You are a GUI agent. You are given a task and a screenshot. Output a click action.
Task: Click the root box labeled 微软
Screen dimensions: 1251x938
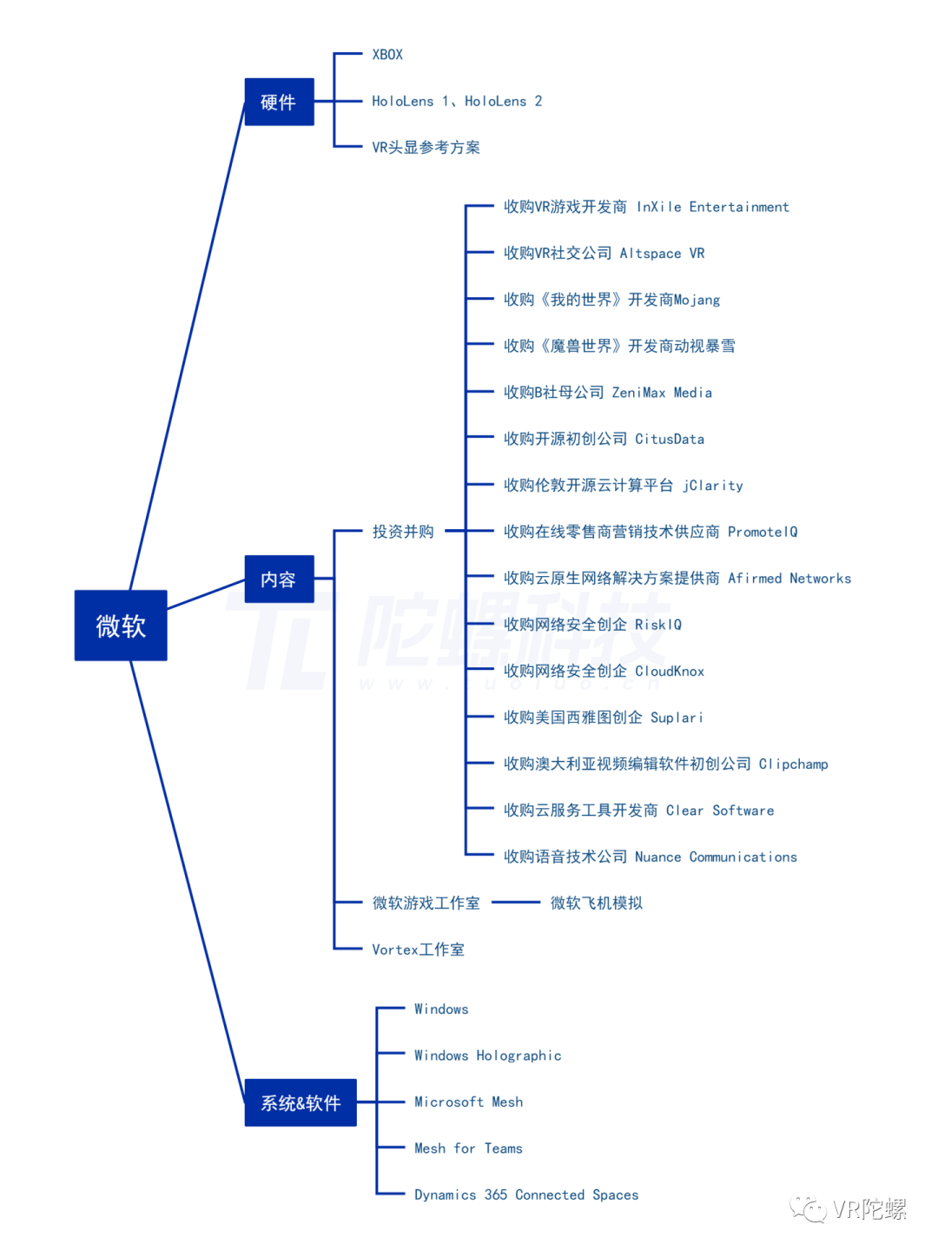pos(121,625)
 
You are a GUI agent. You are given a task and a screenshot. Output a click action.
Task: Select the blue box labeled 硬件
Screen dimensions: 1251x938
pos(279,102)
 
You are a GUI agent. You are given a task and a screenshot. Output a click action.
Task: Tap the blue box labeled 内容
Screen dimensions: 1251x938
pos(279,579)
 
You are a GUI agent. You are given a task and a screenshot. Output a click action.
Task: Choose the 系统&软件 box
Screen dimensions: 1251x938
pos(301,1102)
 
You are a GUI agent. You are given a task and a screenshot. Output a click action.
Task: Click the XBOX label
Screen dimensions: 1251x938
pos(387,55)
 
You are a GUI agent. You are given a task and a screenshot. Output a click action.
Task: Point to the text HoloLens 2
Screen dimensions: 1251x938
pos(504,102)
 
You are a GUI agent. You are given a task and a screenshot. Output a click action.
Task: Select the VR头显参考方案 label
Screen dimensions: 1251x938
pos(426,148)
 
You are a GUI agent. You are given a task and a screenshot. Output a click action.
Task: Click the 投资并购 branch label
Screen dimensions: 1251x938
pos(403,532)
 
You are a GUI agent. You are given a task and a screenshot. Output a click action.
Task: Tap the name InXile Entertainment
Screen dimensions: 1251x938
pos(713,207)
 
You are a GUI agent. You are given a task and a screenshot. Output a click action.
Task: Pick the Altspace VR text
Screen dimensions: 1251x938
pos(662,254)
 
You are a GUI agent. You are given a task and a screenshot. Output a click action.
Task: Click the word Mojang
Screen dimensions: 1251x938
pos(697,300)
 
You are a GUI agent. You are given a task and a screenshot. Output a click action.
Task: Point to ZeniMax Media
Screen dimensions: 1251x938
pos(662,393)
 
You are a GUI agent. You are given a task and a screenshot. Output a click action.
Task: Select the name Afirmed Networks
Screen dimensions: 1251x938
pos(789,579)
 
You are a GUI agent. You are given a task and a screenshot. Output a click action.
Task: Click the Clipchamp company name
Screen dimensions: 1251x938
pos(794,764)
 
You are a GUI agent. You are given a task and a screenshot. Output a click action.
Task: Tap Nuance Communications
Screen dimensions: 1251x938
pos(716,857)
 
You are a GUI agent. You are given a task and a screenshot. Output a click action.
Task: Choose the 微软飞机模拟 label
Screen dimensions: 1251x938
pos(597,903)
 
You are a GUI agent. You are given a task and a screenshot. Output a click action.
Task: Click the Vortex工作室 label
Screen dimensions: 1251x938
pos(418,950)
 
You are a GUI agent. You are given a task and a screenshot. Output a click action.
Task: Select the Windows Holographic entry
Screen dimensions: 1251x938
pos(487,1056)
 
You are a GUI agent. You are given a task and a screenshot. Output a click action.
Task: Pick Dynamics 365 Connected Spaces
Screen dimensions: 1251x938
pos(526,1195)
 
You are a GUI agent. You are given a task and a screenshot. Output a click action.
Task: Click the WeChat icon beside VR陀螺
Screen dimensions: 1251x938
pos(809,1208)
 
